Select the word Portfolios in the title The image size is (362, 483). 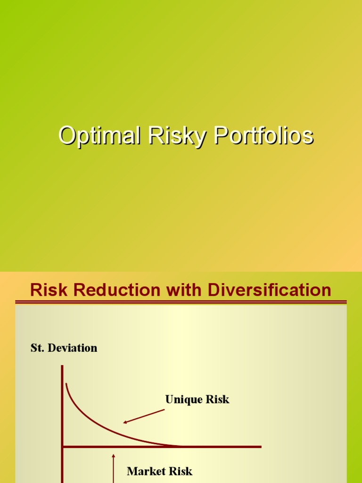click(x=263, y=136)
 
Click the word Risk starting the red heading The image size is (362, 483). click(x=46, y=290)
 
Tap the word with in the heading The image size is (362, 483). click(x=177, y=290)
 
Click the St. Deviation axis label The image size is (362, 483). click(x=64, y=348)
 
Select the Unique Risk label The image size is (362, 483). click(x=197, y=400)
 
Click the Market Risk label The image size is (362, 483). click(x=159, y=471)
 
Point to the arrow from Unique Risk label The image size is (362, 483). click(x=144, y=416)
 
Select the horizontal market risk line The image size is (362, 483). click(x=212, y=446)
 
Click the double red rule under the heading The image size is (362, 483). click(x=181, y=302)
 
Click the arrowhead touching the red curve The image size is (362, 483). click(x=125, y=422)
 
